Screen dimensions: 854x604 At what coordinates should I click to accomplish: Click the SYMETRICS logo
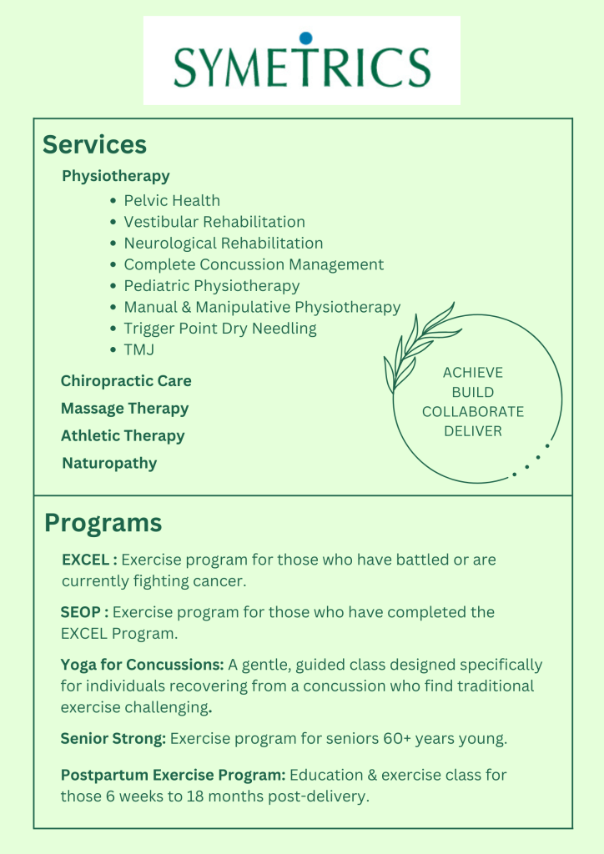click(x=301, y=63)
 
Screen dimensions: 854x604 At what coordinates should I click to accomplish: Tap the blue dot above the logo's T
click(x=305, y=38)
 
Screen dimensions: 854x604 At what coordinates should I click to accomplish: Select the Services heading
click(x=94, y=144)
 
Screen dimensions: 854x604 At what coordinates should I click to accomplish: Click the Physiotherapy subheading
click(x=115, y=176)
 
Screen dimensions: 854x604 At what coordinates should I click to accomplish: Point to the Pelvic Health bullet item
click(x=172, y=200)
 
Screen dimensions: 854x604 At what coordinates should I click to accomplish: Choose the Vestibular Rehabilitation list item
click(x=214, y=222)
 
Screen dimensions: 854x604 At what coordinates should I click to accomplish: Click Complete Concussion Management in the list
click(x=254, y=264)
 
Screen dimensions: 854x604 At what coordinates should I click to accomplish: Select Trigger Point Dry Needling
click(x=220, y=328)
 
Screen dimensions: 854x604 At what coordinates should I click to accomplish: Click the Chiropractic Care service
click(x=126, y=381)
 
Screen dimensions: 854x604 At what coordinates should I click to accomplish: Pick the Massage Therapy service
click(x=124, y=409)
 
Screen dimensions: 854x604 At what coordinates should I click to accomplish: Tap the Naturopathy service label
click(x=109, y=463)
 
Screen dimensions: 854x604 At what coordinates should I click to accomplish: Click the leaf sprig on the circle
click(x=417, y=342)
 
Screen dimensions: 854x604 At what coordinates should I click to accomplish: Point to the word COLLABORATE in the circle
click(x=473, y=412)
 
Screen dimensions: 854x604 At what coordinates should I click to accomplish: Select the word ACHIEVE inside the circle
click(x=473, y=373)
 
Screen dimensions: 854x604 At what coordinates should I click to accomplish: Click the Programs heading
click(x=103, y=523)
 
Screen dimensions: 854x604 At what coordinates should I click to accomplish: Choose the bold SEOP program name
click(x=84, y=612)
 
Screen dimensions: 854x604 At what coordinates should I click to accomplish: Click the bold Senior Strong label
click(x=113, y=739)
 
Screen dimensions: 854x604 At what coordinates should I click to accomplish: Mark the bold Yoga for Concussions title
click(x=142, y=665)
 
